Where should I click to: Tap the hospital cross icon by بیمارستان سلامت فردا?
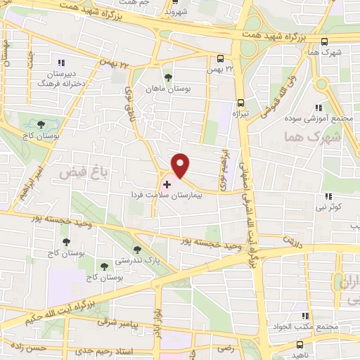click(166, 184)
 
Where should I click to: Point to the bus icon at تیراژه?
click(240, 101)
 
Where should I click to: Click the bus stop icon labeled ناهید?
click(300, 345)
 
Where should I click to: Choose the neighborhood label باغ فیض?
click(72, 171)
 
